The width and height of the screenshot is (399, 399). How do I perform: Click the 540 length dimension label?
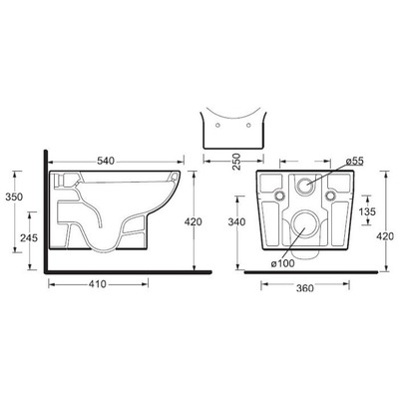click(x=106, y=161)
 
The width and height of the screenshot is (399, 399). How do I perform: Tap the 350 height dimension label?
click(x=14, y=197)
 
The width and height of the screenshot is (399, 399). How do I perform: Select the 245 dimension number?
click(x=29, y=237)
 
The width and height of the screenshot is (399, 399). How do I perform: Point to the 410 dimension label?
click(x=98, y=284)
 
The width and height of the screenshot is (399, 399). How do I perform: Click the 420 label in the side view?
click(x=193, y=221)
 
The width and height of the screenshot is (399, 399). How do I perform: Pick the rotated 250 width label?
click(x=235, y=162)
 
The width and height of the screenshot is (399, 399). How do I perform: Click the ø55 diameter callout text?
click(x=354, y=162)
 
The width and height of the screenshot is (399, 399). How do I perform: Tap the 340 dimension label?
click(x=237, y=221)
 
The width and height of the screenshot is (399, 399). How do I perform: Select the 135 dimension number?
click(x=367, y=211)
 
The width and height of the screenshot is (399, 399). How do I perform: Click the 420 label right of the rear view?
click(x=385, y=236)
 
